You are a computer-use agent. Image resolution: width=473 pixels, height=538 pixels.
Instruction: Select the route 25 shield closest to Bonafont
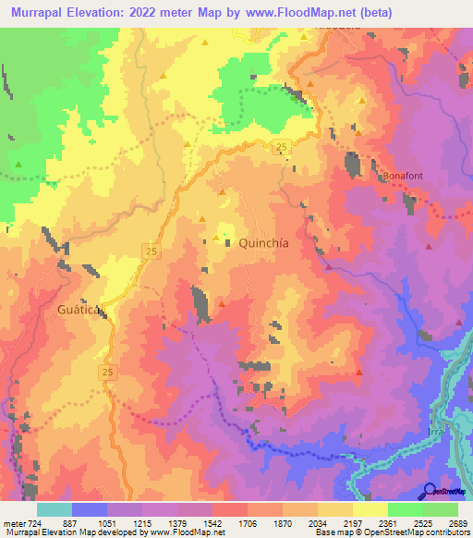tap(282, 148)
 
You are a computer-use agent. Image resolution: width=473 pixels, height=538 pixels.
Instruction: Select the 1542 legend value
tap(193, 523)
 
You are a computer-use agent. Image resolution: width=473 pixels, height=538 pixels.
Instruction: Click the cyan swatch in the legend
tap(54, 509)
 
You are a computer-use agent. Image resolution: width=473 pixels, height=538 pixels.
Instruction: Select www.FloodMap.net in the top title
tap(306, 12)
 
